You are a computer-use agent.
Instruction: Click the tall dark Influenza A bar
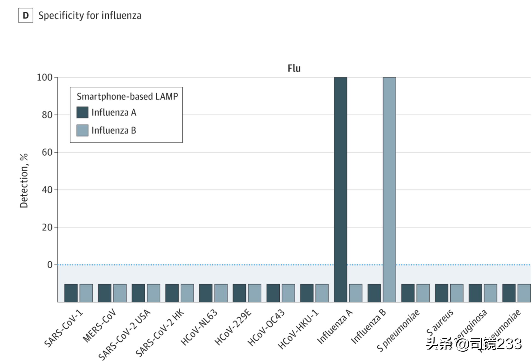(340, 189)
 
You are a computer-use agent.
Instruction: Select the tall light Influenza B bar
(389, 189)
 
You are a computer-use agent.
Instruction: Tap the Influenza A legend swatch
(82, 112)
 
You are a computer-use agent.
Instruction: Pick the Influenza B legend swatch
(82, 130)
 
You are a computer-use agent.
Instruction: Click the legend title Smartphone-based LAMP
(127, 97)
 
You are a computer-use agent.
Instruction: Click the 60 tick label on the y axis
(47, 152)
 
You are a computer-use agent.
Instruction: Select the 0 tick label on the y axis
(50, 265)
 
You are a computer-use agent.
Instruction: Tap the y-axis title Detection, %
(24, 180)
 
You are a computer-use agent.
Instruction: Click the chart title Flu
(294, 68)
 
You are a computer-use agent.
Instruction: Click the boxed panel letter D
(26, 15)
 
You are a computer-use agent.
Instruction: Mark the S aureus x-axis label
(440, 322)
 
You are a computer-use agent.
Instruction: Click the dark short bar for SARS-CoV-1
(71, 293)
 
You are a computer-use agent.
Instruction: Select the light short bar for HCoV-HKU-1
(322, 293)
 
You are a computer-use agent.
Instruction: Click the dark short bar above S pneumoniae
(408, 293)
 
